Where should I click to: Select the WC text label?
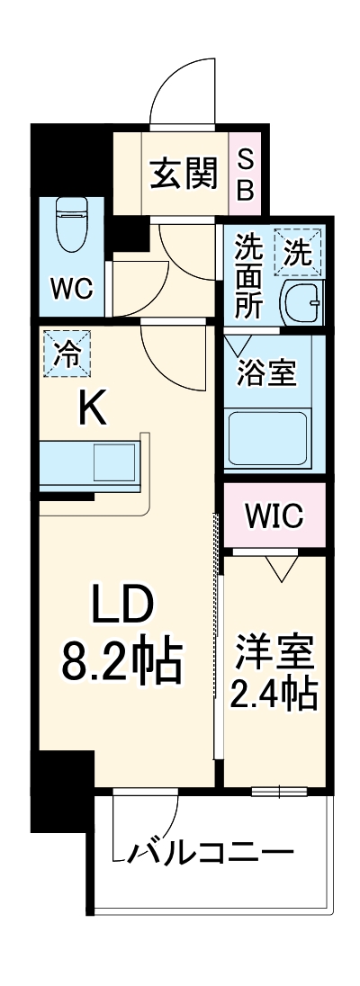71,288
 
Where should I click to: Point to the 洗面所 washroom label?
249,275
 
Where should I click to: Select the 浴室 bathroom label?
267,372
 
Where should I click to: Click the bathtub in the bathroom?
267,435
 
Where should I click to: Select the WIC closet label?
274,516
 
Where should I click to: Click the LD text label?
122,609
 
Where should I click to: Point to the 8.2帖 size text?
122,663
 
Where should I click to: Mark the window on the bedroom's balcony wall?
279,792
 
